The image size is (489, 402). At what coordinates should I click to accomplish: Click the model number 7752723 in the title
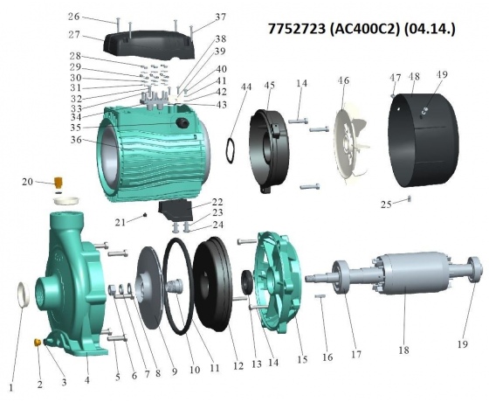click(x=295, y=29)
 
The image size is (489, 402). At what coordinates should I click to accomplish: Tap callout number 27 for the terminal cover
click(x=74, y=35)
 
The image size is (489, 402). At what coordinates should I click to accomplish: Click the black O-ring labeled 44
click(x=231, y=150)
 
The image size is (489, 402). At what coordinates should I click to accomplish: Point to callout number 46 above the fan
click(x=343, y=80)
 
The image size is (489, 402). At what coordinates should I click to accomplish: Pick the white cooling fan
click(x=349, y=146)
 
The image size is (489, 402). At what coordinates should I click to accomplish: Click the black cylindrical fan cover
click(x=424, y=140)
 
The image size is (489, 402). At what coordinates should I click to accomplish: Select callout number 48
click(x=414, y=77)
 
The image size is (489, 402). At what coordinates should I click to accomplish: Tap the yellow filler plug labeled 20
click(x=58, y=182)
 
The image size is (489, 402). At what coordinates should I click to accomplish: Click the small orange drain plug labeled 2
click(x=37, y=342)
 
